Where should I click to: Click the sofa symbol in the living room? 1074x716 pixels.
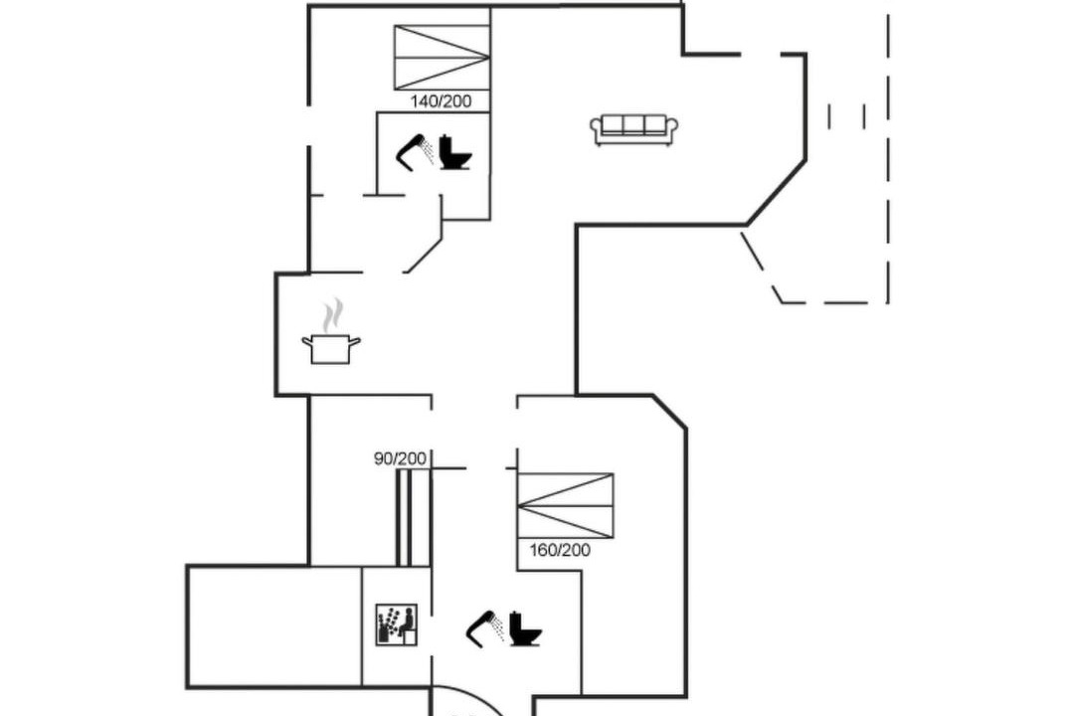[634, 129]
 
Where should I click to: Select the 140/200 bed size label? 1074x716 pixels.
[442, 101]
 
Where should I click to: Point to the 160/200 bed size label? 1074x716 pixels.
[560, 550]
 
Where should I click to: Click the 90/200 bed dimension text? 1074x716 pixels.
[400, 458]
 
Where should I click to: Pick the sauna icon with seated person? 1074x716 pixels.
[397, 625]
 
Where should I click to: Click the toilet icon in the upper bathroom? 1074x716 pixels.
[454, 151]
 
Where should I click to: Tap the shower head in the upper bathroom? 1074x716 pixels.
[414, 151]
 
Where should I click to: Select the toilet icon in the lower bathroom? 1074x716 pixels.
[525, 628]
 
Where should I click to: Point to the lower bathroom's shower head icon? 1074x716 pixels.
[485, 628]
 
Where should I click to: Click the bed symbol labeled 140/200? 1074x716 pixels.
[442, 58]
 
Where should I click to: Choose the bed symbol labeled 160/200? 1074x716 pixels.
[565, 505]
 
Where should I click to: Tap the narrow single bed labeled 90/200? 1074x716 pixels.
[405, 517]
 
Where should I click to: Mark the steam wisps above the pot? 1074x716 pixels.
[332, 314]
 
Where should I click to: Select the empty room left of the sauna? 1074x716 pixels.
[274, 626]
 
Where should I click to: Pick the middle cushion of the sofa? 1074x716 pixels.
[634, 124]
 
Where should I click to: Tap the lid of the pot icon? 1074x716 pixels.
[331, 337]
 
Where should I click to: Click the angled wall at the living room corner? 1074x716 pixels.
[776, 193]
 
